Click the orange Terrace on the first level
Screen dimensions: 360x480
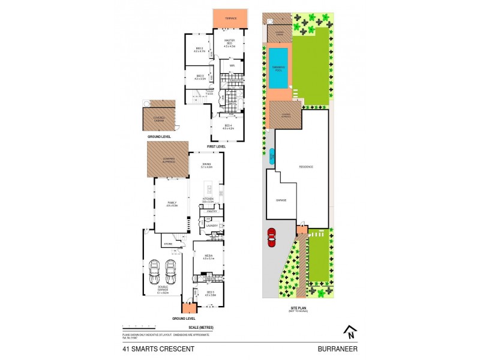tap(230, 18)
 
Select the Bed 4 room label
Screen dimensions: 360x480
tap(227, 125)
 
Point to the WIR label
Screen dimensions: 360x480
tap(231, 65)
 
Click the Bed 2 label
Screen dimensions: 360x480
tap(200, 50)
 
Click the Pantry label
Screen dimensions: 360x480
tap(211, 211)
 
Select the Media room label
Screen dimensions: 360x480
tap(208, 256)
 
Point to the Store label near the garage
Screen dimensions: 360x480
tap(168, 244)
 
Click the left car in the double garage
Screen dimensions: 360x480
tap(155, 271)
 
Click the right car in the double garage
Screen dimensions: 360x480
tap(170, 271)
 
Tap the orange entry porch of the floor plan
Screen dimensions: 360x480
tap(189, 308)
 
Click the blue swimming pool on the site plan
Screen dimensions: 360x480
tap(278, 68)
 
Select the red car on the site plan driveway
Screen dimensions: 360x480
tap(271, 238)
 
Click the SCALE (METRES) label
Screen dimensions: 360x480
tap(200, 327)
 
